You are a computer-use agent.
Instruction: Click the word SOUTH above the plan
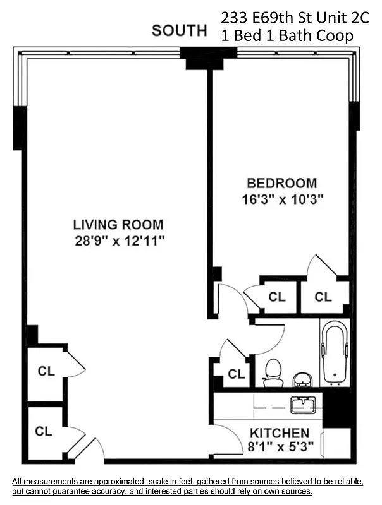pos(179,30)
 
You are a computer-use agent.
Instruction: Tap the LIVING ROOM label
pos(118,224)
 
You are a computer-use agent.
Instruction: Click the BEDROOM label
pos(281,184)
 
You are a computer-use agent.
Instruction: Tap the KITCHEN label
pos(280,434)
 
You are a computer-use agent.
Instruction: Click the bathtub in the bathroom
pos(335,353)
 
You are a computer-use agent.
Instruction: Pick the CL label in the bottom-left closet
pos(44,432)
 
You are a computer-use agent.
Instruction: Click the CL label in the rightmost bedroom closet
pos(323,297)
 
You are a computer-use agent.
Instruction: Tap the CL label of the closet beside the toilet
pos(236,374)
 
